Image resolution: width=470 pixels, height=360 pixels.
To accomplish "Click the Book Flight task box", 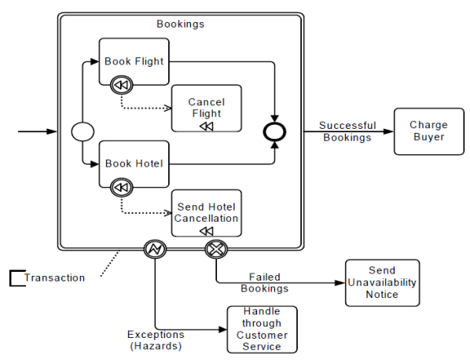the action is [x=134, y=61].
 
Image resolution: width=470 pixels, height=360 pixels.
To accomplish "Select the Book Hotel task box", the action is [x=134, y=164].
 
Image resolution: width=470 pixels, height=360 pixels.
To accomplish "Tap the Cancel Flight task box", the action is [x=207, y=108].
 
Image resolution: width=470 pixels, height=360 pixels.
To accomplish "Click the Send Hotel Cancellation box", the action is [x=207, y=213].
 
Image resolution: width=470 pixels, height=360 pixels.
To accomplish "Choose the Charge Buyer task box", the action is [x=429, y=131].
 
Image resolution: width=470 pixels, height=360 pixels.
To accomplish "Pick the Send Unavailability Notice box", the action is [x=382, y=283].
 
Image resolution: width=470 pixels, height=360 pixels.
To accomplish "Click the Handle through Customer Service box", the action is [x=262, y=329].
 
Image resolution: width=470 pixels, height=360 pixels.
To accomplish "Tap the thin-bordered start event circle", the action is [x=83, y=131].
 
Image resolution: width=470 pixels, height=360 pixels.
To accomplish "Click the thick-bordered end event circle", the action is [x=274, y=132].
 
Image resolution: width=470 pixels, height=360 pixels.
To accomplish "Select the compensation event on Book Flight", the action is [x=121, y=85].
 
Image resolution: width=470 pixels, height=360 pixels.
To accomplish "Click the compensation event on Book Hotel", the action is [x=121, y=188].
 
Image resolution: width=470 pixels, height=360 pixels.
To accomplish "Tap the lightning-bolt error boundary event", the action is [x=155, y=249].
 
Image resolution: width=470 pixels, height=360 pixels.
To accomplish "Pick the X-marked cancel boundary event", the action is [x=216, y=249].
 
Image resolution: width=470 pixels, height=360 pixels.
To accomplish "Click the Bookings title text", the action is [x=181, y=24].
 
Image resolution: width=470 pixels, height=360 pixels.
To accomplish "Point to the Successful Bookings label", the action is [x=347, y=131].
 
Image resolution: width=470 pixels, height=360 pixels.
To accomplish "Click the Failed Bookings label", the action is [x=265, y=283].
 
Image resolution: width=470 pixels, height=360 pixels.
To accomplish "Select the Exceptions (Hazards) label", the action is [x=156, y=340].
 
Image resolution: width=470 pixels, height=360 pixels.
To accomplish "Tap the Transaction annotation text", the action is [x=54, y=278].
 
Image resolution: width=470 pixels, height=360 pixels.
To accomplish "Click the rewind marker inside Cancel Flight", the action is [x=207, y=127].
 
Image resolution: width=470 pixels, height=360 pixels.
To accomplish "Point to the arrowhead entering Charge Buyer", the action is [x=389, y=131].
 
